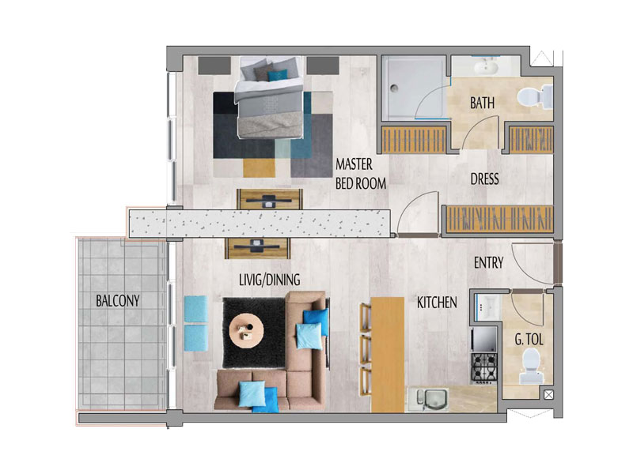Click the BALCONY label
point(119,301)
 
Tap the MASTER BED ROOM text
point(361,175)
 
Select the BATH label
point(483,103)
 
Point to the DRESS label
point(484,179)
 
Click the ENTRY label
point(488,263)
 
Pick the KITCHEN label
point(438,302)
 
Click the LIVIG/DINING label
point(270,280)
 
